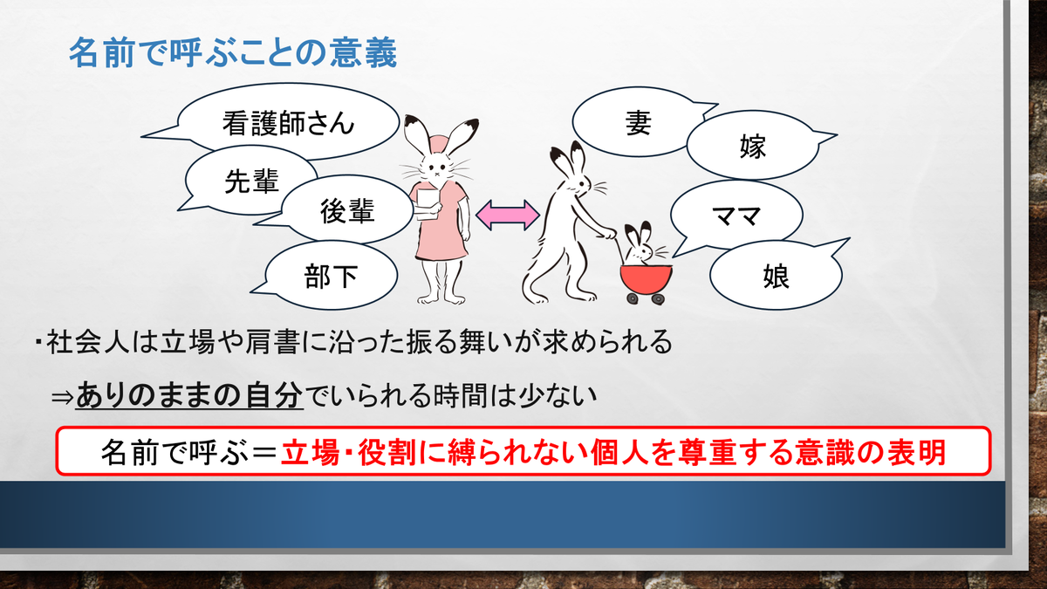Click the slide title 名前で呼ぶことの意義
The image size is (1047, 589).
(233, 52)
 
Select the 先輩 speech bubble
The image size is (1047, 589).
(250, 181)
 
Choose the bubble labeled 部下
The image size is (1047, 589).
(330, 276)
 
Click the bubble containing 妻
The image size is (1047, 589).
(638, 122)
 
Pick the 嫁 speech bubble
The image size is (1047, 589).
(752, 146)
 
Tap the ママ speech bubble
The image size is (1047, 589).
(736, 215)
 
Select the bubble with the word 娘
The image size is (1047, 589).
(776, 276)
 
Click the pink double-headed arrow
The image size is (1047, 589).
(508, 215)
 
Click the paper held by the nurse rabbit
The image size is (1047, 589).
(428, 204)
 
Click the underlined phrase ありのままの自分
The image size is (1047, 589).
(189, 395)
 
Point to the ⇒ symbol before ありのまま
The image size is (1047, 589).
(63, 397)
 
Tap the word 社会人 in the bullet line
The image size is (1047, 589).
(88, 342)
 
